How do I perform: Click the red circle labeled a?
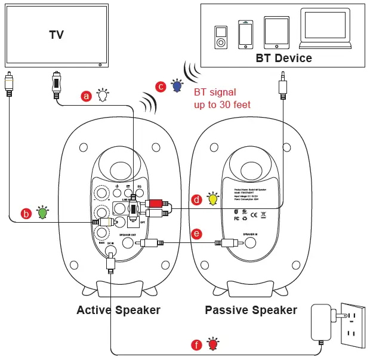pos(87,96)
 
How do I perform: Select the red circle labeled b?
pos(26,213)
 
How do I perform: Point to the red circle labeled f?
pos(196,345)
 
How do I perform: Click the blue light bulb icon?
pos(177,86)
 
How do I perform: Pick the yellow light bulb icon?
pos(212,198)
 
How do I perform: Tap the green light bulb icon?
pos(42,212)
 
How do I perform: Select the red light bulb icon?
pos(212,344)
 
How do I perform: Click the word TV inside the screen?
pos(56,35)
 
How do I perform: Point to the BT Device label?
pos(283,59)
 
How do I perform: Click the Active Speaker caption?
pos(118,310)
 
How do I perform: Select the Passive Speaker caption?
pos(251,310)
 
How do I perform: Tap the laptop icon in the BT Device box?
pos(325,30)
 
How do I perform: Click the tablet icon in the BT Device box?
pos(276,33)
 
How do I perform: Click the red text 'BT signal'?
pos(215,93)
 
